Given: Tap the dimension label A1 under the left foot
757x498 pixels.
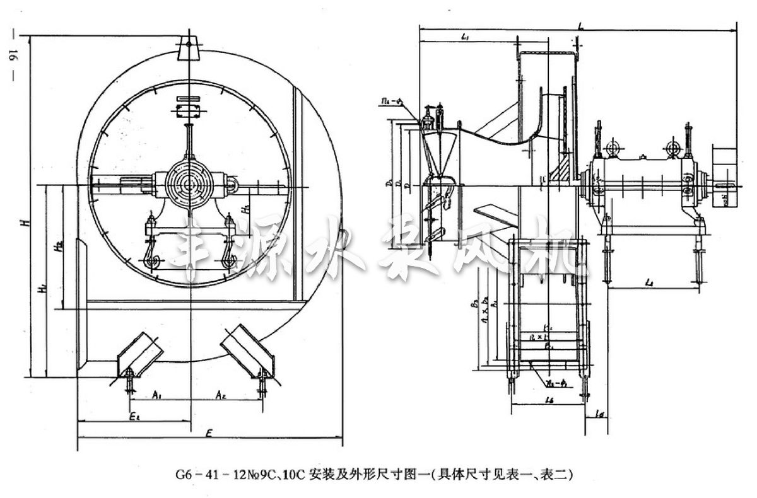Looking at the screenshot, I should point(158,395).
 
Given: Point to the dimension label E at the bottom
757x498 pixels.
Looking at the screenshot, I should point(209,432).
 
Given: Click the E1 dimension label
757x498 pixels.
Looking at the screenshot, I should point(134,415).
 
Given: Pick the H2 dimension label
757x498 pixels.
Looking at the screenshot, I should point(58,246).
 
